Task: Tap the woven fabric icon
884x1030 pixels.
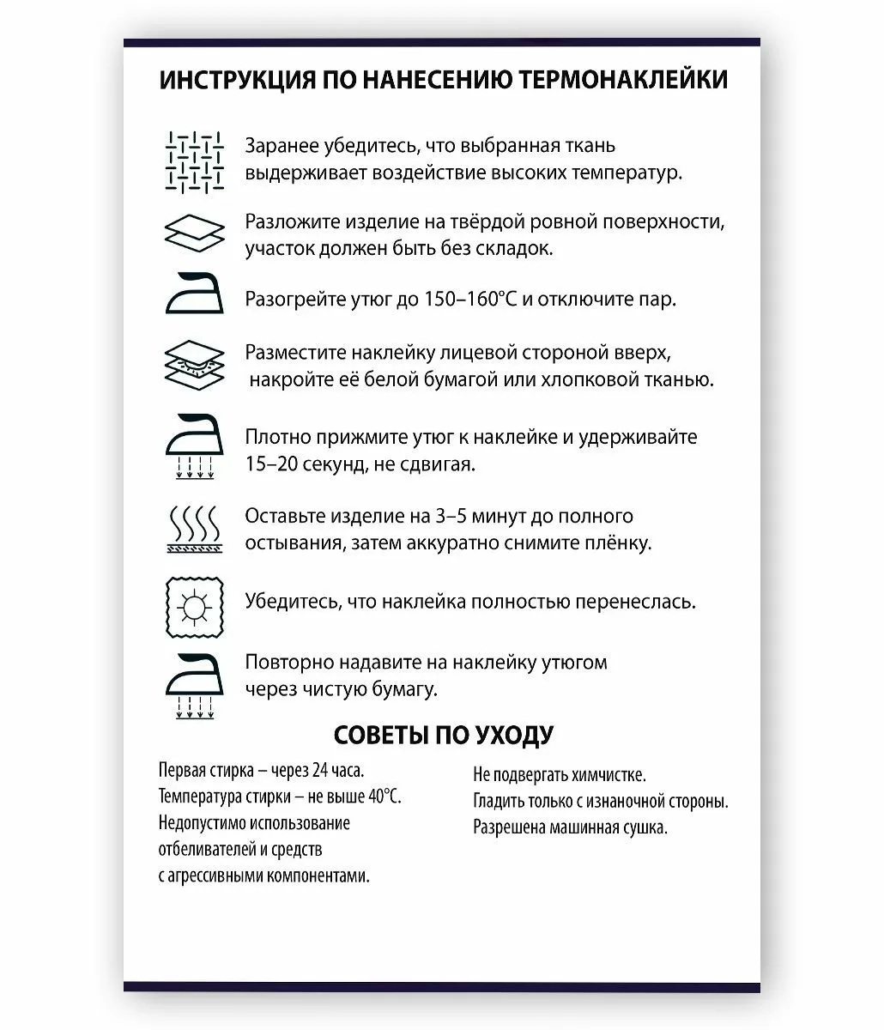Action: (195, 160)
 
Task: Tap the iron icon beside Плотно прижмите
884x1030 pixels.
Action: (195, 446)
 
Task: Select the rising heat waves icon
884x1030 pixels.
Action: (195, 528)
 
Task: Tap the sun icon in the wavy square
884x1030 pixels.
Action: (195, 607)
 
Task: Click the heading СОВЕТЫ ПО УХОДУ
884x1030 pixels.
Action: (442, 735)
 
